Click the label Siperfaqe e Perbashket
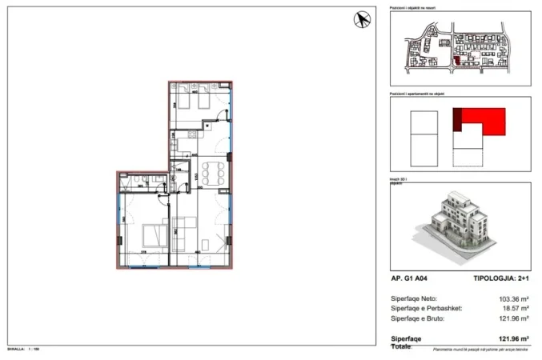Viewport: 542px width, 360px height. (x=424, y=308)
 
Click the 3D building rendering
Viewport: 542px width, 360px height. (x=460, y=224)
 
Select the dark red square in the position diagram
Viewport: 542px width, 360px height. (x=458, y=120)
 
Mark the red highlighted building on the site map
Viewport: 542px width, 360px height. (x=457, y=59)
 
